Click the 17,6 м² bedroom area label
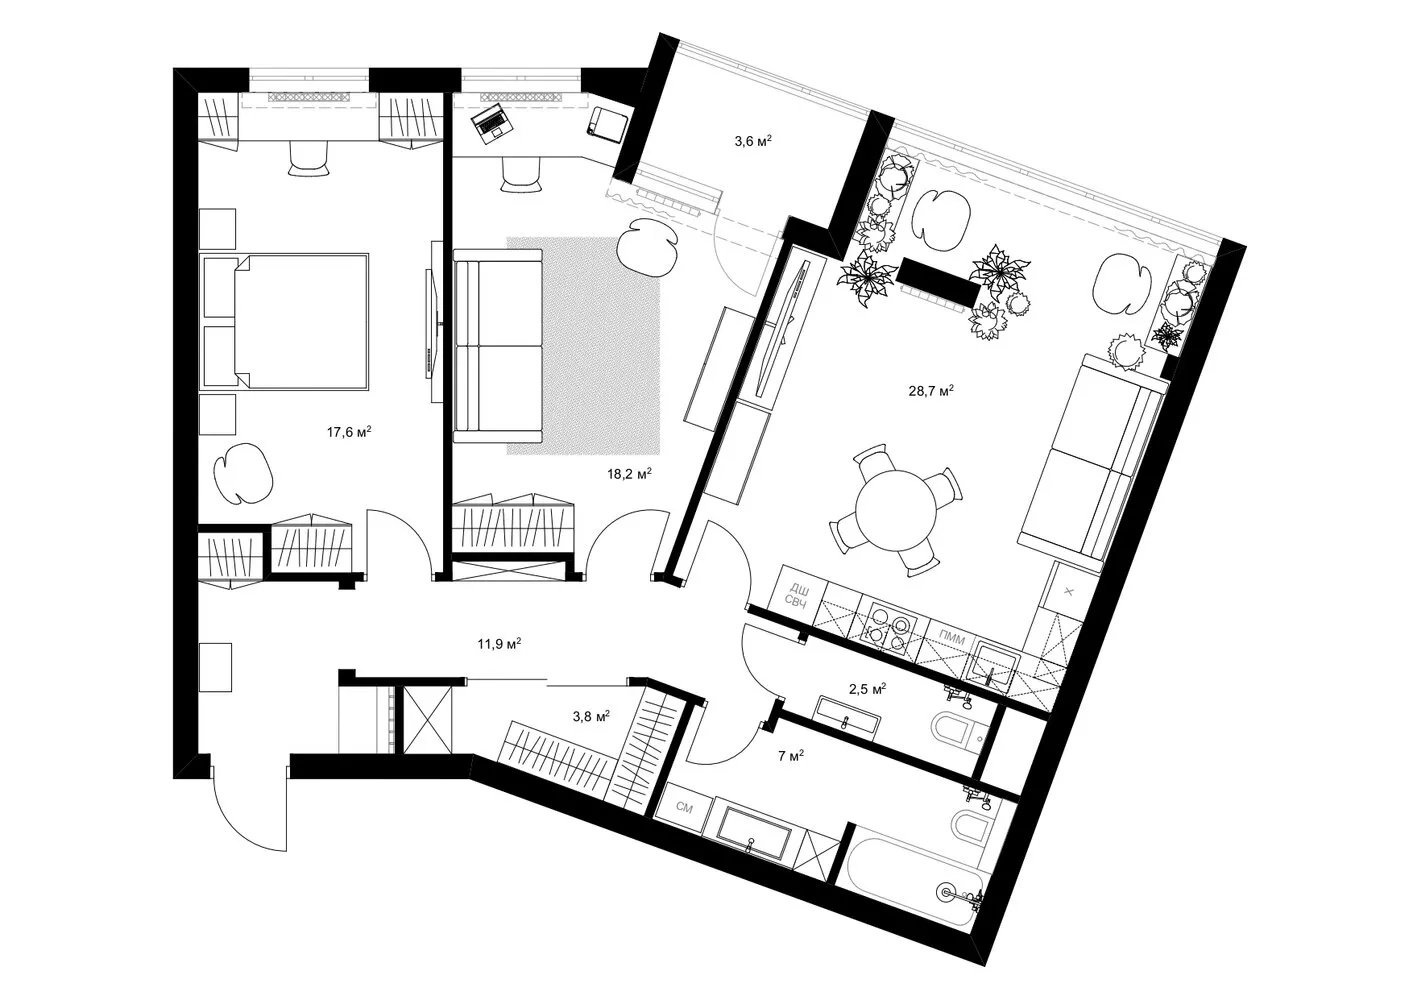(348, 432)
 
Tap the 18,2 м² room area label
(629, 473)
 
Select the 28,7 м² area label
(930, 391)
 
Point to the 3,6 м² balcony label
(753, 141)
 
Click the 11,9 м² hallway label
(499, 644)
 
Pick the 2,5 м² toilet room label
(867, 688)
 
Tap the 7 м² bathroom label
(791, 755)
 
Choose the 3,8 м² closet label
(591, 716)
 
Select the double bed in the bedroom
(284, 321)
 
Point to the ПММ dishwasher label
(952, 639)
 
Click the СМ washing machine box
(684, 808)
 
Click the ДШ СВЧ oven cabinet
(798, 597)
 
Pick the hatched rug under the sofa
(583, 346)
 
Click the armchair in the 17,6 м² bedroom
(243, 473)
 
